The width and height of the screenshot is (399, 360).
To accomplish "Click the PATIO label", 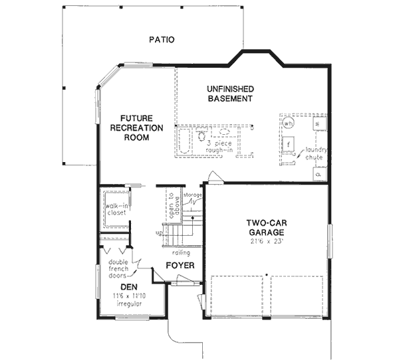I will pos(161,40).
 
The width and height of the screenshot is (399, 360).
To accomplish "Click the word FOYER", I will pos(180,266).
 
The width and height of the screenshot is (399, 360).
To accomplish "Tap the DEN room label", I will pos(128,287).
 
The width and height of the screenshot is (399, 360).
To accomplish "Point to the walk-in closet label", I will pos(115,209).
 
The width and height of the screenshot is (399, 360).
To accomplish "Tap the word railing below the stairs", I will pos(181,253).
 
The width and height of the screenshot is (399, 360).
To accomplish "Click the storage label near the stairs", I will pos(192,195).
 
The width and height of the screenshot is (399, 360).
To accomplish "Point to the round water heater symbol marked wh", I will pos(289,124).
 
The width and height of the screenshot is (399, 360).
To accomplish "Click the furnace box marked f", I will pos(290,143).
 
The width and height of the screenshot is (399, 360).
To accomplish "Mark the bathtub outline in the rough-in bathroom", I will pos(184,142).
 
